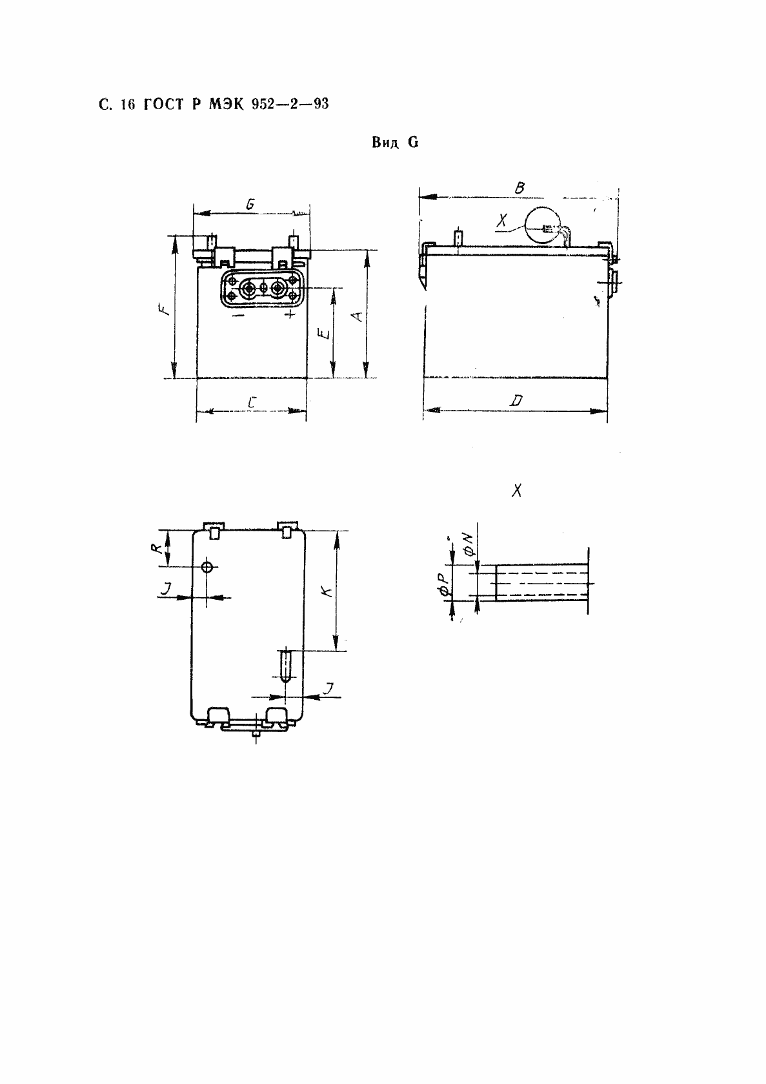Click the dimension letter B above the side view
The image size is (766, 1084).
click(520, 188)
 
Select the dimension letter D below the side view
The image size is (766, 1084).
click(517, 400)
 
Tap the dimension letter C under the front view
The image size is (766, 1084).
click(252, 402)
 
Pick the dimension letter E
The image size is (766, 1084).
click(325, 333)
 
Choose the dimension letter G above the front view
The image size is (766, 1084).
click(250, 204)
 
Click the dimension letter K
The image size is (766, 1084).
click(328, 591)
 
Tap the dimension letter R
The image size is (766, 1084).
click(156, 548)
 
